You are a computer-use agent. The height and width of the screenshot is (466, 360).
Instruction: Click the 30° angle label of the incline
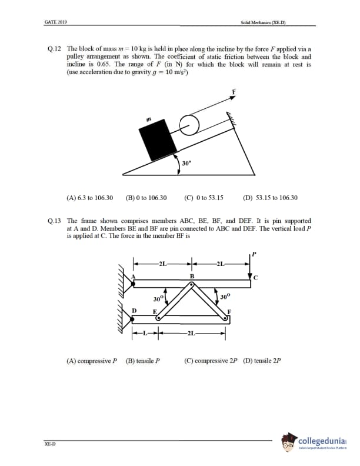point(186,163)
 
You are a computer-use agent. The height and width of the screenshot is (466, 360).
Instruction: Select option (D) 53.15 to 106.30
point(270,198)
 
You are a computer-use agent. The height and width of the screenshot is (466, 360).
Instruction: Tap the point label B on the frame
point(191,275)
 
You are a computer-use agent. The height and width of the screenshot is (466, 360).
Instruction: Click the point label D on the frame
point(135,311)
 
